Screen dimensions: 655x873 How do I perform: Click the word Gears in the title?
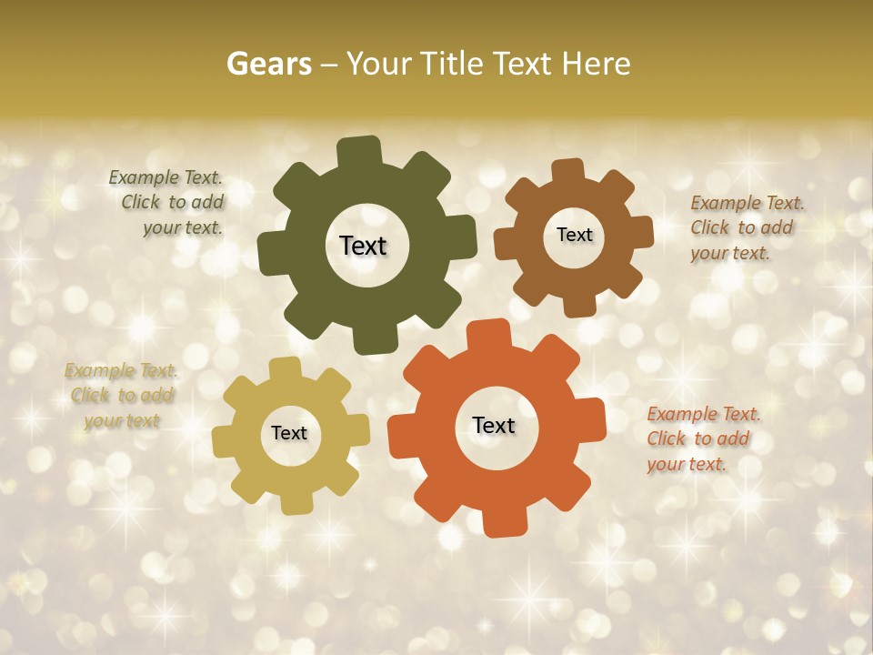[x=268, y=64]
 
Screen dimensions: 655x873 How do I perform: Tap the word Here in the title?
[x=596, y=64]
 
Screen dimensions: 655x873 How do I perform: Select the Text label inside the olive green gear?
[x=363, y=246]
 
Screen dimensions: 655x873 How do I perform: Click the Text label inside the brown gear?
[x=574, y=235]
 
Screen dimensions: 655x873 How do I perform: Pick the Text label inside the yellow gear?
[x=289, y=433]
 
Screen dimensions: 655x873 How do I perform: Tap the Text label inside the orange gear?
[x=494, y=425]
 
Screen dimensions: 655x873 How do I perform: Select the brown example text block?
[x=746, y=227]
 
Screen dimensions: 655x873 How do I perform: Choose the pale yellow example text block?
[x=121, y=395]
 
